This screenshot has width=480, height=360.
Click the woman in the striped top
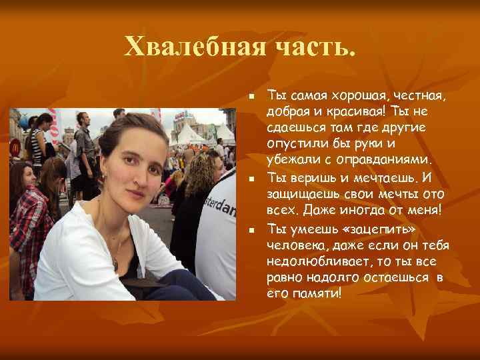[40, 143]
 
